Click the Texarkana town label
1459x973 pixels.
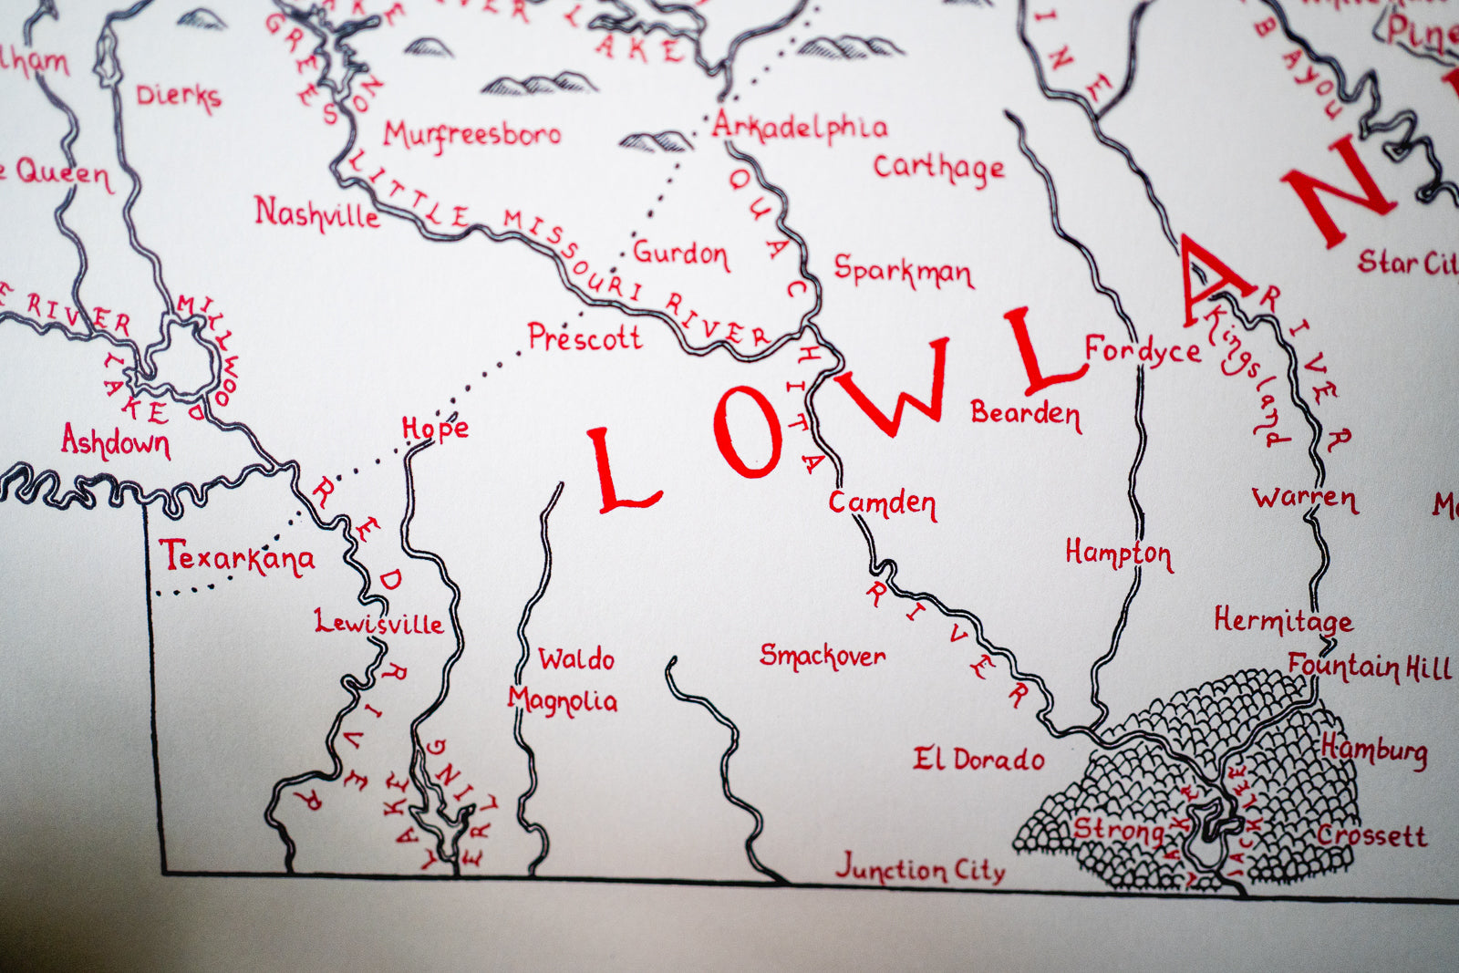click(237, 557)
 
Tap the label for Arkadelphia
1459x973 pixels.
click(800, 128)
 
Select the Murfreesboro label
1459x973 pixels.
click(471, 135)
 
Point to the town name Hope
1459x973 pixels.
click(435, 429)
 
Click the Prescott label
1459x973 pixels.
click(585, 338)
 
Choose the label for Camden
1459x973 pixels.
click(882, 503)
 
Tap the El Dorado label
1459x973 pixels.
click(978, 759)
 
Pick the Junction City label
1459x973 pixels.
click(920, 868)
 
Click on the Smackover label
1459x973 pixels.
click(823, 656)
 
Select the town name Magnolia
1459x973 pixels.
click(563, 700)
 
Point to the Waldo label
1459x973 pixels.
click(576, 658)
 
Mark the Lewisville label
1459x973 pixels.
click(379, 623)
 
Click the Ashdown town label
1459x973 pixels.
click(116, 442)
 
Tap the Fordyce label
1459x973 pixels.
click(1143, 351)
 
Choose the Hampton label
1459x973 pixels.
click(1119, 554)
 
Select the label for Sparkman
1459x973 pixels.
click(903, 271)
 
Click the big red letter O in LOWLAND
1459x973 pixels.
click(749, 431)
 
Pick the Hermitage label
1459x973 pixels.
click(1282, 621)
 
